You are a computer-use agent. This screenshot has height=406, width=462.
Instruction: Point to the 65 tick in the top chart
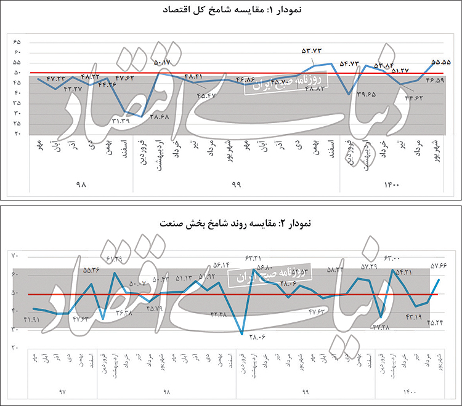click(x=17, y=42)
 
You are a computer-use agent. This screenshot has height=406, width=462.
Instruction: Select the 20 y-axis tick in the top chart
click(x=17, y=133)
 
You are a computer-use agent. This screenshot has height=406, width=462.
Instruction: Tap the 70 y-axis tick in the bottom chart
click(x=17, y=256)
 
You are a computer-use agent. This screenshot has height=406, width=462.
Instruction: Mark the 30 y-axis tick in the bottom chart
click(x=17, y=330)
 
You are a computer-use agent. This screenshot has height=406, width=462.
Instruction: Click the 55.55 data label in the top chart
click(x=441, y=62)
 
